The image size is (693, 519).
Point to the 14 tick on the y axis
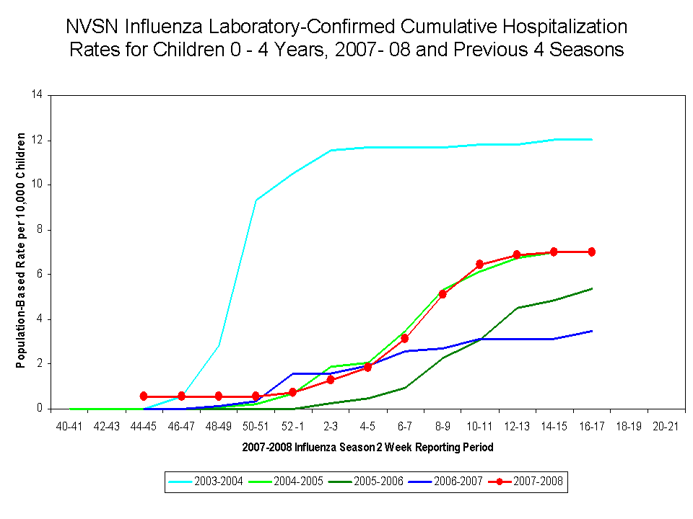pos(37,95)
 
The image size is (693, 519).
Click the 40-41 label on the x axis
pos(69,426)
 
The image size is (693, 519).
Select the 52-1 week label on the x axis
pos(293,426)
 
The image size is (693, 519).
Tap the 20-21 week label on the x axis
pos(666,426)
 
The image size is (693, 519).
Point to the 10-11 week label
pos(479,426)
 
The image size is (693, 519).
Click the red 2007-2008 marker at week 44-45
pos(144,396)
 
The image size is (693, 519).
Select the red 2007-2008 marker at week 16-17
pos(591,252)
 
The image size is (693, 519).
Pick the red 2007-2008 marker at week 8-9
pos(443,294)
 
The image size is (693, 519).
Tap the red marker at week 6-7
pos(405,338)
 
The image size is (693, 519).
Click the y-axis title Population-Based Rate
pos(22,250)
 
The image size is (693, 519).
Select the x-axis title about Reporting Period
pos(367,447)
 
